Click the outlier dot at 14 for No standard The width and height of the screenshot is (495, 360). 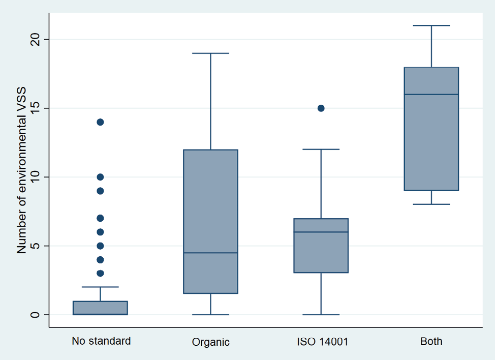[x=100, y=122]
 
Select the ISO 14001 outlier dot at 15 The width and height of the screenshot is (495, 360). [x=321, y=108]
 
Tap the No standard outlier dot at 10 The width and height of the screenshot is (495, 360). [x=100, y=177]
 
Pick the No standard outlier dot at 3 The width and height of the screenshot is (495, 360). [x=100, y=273]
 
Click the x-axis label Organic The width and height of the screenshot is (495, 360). [x=210, y=342]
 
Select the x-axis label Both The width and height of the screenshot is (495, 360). [x=431, y=342]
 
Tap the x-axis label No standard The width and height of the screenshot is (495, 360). [x=101, y=341]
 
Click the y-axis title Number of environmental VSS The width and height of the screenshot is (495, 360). [x=22, y=170]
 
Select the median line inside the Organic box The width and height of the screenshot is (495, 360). [x=210, y=253]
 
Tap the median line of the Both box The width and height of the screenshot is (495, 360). [x=431, y=95]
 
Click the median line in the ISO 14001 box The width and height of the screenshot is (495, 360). [x=321, y=232]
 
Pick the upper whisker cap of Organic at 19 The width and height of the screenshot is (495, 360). [x=210, y=53]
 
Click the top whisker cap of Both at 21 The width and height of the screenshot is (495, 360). [x=431, y=25]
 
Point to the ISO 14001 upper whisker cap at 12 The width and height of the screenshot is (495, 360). [x=321, y=149]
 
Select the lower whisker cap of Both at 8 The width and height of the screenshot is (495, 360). [x=431, y=204]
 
